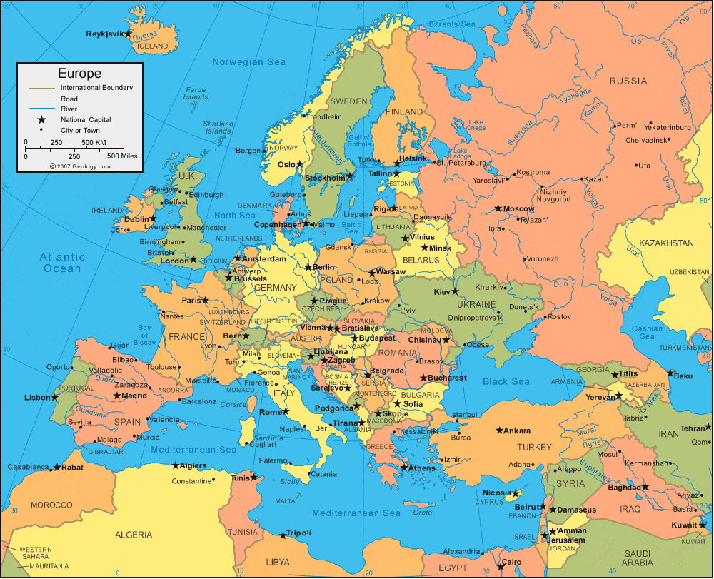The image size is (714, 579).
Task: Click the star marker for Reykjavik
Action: [x=128, y=34]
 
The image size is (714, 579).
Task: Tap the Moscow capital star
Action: [x=498, y=208]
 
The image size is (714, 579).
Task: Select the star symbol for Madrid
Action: [x=117, y=396]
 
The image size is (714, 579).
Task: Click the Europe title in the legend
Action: [x=79, y=74]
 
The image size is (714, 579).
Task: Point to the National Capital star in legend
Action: [x=41, y=119]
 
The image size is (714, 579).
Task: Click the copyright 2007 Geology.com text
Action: [x=80, y=166]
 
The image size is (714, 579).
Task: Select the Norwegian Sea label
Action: [x=248, y=62]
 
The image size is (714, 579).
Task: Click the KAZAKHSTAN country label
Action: [x=666, y=243]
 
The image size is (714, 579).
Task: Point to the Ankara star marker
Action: [x=499, y=430]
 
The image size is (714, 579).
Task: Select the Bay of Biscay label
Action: [x=145, y=335]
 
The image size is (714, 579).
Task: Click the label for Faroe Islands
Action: [x=196, y=94]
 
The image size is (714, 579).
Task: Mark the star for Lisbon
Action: [x=55, y=397]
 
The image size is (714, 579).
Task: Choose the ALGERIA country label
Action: [x=134, y=534]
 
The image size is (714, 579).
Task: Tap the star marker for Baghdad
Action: [x=645, y=487]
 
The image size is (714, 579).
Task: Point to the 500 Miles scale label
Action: [x=122, y=156]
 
